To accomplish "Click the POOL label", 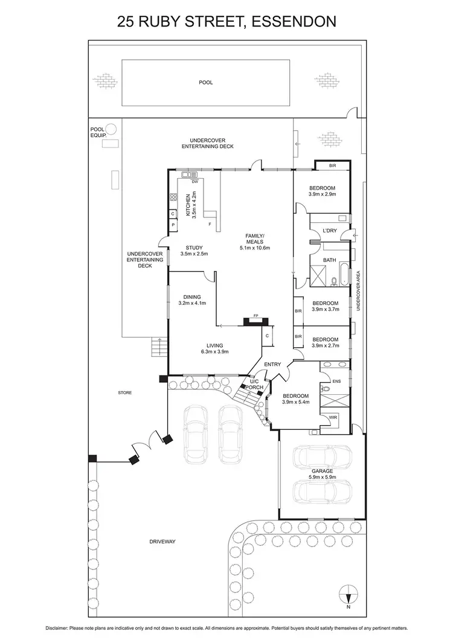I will pyautogui.click(x=206, y=83).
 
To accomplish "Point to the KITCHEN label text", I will pyautogui.click(x=188, y=206).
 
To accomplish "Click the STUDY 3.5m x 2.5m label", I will pyautogui.click(x=194, y=250).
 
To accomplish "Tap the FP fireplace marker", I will pyautogui.click(x=255, y=316).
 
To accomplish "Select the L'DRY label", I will pyautogui.click(x=329, y=231).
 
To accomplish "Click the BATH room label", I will pyautogui.click(x=329, y=260).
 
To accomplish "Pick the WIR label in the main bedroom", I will pyautogui.click(x=333, y=417).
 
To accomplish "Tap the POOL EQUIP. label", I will pyautogui.click(x=98, y=132).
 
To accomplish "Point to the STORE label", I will pyautogui.click(x=125, y=392).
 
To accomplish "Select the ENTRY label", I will pyautogui.click(x=272, y=364).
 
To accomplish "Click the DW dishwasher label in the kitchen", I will pyautogui.click(x=194, y=182).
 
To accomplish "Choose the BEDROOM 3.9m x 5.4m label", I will pyautogui.click(x=296, y=398).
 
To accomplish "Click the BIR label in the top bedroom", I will pyautogui.click(x=332, y=165).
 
